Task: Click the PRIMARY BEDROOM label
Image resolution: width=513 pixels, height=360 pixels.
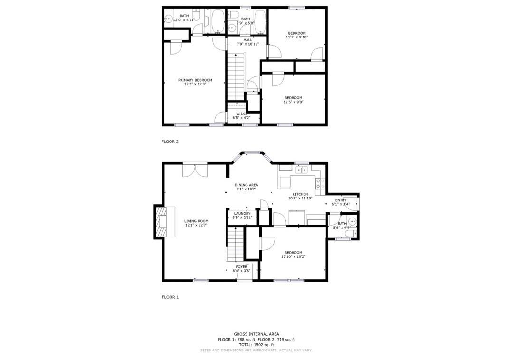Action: coord(195,80)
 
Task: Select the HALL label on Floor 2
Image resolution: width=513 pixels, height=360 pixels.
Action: coord(247,40)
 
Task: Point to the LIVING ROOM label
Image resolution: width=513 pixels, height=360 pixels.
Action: coord(196,221)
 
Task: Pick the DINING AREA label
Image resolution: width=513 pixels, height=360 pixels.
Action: coord(246,185)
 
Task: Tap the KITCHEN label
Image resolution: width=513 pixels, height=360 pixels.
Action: coord(300,194)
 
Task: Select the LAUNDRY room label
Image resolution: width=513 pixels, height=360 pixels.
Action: coord(242,214)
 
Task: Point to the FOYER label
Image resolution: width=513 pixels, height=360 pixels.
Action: coord(241,267)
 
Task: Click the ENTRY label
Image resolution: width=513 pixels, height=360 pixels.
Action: coord(341,200)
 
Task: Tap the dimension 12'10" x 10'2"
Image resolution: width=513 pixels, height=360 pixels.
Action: coord(294,256)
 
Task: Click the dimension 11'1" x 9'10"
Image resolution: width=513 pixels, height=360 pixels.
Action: coord(297,37)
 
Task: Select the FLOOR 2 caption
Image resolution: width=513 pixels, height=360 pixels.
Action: coord(170,142)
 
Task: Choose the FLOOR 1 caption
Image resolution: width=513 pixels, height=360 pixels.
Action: coord(170,297)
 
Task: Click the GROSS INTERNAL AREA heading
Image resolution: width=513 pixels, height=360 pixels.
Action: coord(256,334)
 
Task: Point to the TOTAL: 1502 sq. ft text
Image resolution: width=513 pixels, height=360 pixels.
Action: coord(256,345)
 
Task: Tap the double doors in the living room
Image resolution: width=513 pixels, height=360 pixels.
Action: coord(195,170)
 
